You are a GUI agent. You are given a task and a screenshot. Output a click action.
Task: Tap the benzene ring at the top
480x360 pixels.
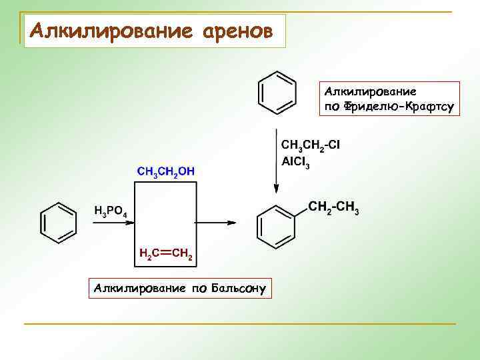click(277, 92)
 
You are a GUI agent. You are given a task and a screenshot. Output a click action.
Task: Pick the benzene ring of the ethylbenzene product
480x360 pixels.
click(277, 222)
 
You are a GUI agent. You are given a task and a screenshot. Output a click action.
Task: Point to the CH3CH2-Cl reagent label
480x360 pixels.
click(311, 146)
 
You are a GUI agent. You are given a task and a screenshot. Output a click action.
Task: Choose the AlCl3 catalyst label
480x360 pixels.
click(295, 162)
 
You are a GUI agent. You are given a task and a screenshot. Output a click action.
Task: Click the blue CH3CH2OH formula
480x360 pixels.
click(166, 171)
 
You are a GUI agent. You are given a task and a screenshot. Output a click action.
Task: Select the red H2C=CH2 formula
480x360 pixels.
click(166, 254)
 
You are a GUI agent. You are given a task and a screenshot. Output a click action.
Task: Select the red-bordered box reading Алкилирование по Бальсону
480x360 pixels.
click(180, 289)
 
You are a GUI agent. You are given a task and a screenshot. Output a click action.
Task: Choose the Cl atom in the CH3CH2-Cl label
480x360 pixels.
click(334, 145)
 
